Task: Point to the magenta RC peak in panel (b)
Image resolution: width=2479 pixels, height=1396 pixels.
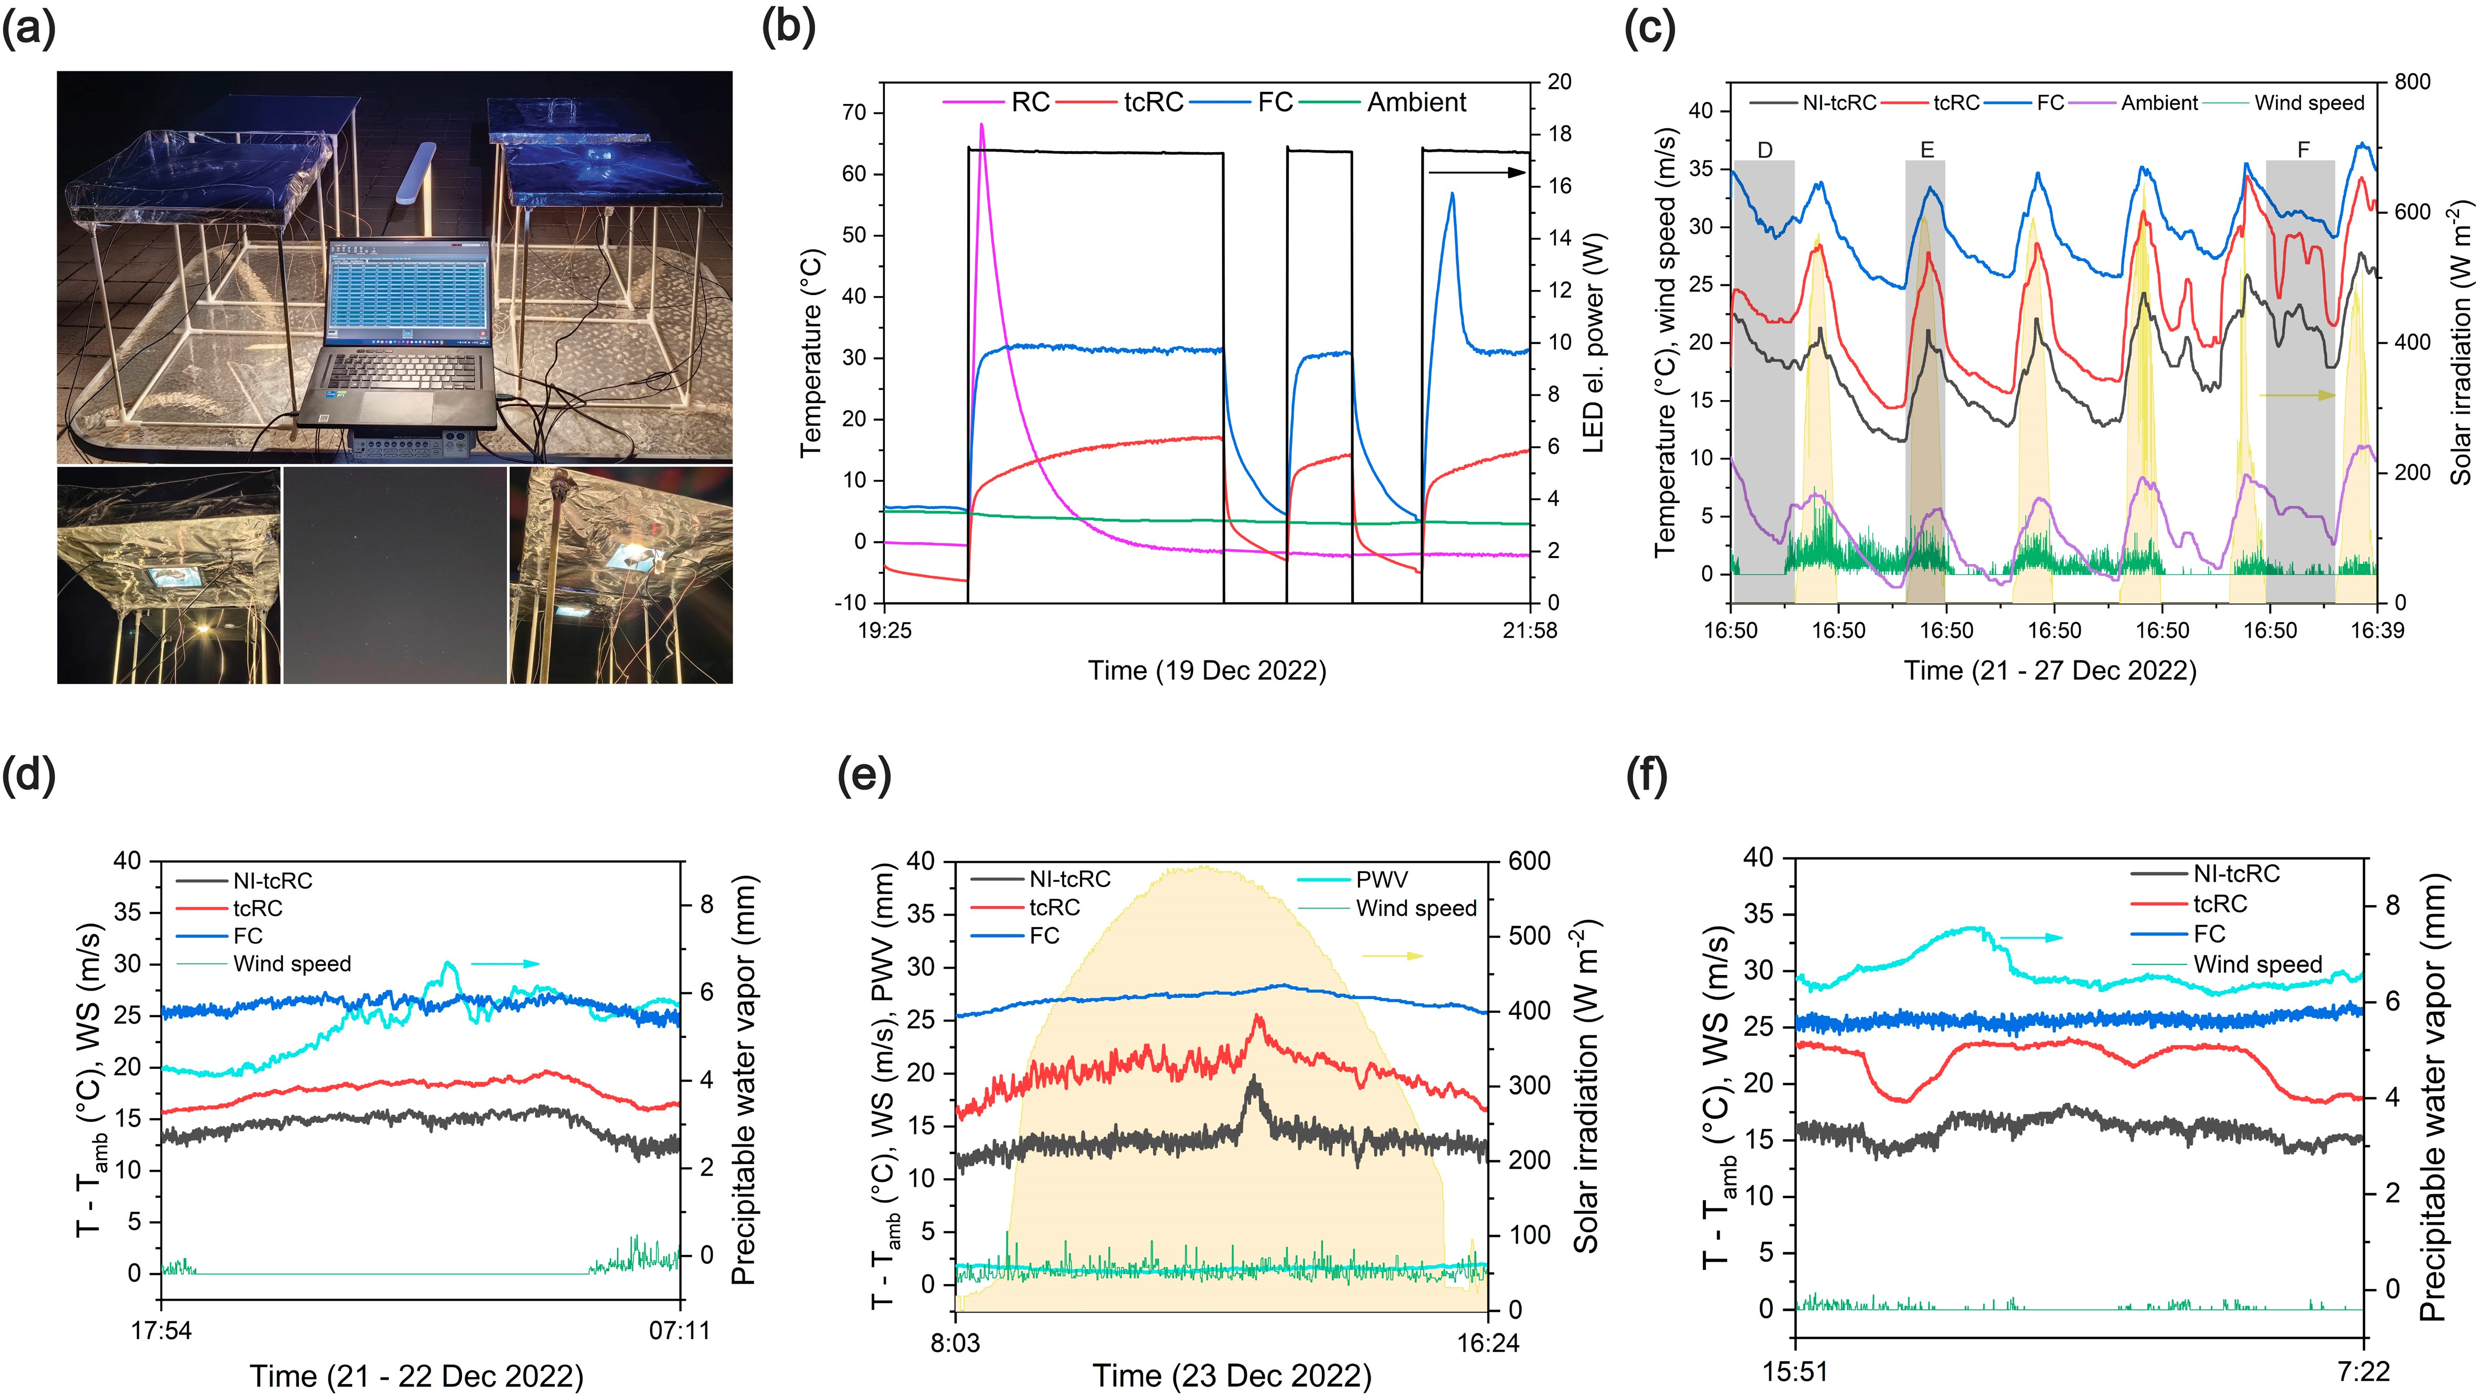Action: point(982,125)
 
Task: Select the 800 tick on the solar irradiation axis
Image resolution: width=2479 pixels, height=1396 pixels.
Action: point(2412,82)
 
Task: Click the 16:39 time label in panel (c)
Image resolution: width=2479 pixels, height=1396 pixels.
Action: point(2377,631)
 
